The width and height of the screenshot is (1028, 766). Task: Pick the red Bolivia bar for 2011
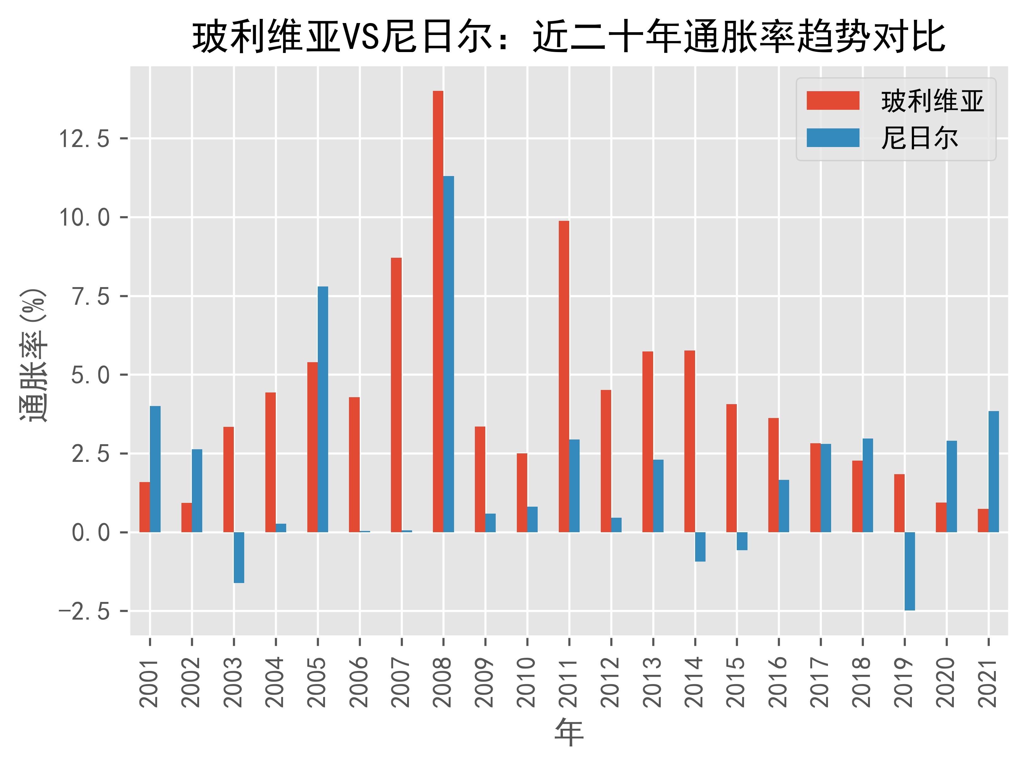tap(564, 376)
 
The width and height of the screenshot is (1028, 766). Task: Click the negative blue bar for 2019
tap(909, 571)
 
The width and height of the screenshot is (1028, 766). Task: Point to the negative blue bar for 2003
tap(239, 557)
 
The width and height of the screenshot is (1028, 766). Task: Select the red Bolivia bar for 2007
tap(396, 395)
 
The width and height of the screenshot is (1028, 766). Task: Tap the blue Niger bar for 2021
tap(993, 472)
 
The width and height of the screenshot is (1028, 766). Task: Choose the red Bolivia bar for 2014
tap(689, 441)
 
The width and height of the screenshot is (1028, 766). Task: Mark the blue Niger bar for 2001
tap(155, 469)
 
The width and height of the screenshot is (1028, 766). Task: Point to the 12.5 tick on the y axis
tap(84, 138)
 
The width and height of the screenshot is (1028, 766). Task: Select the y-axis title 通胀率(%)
tap(33, 355)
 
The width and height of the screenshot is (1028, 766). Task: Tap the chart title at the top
tap(569, 37)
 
